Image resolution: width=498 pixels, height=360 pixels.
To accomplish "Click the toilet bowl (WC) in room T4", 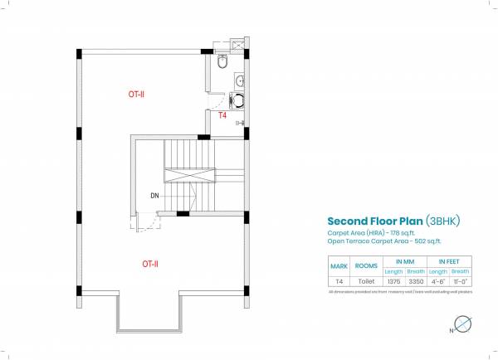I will (x=222, y=61).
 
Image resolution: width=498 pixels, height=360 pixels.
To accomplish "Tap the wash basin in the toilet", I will (x=240, y=80).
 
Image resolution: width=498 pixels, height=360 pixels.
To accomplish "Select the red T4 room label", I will (x=222, y=116).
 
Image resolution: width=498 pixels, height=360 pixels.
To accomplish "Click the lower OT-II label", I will (x=150, y=264).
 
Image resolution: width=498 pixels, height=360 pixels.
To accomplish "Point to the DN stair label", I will (x=155, y=196).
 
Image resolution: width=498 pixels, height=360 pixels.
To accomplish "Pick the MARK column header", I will (x=339, y=266).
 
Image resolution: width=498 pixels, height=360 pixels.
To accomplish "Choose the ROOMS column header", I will (x=365, y=266).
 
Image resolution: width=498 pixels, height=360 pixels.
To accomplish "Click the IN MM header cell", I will (x=405, y=261).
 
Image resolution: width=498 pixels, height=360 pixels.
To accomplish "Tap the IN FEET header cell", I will (x=450, y=261).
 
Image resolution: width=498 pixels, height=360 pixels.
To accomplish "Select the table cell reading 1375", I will (x=393, y=281).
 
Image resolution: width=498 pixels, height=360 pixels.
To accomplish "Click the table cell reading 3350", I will (x=416, y=281).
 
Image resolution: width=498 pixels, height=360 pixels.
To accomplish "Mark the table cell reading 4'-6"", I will (x=439, y=281).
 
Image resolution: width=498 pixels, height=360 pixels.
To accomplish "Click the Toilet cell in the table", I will (x=365, y=281).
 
